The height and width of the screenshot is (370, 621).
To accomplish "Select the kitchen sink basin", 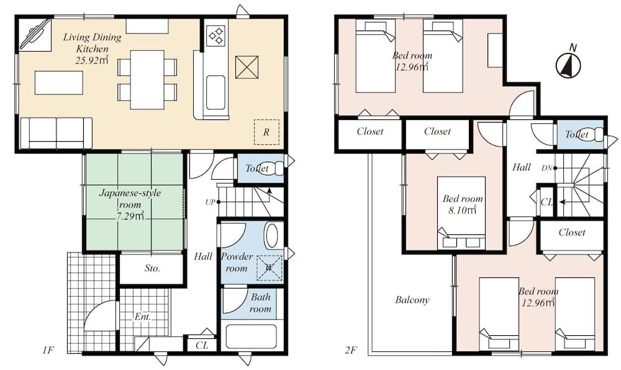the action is tap(216, 93).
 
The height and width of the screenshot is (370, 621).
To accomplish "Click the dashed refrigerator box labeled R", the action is tap(266, 132).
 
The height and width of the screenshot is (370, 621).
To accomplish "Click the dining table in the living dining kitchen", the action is tap(147, 80).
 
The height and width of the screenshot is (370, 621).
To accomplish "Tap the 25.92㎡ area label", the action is tap(92, 60).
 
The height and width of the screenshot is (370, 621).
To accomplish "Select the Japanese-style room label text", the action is tap(130, 199).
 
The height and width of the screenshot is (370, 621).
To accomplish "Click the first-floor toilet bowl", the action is tap(276, 168).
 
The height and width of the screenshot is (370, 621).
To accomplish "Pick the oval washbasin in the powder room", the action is tap(272, 236).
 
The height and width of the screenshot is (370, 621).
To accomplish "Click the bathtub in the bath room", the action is tap(251, 338).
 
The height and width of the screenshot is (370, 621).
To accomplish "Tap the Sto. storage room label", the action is tap(153, 269).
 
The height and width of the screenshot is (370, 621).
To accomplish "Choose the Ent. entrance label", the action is tap(143, 317).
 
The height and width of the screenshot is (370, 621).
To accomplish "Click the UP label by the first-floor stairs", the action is tap(210, 202).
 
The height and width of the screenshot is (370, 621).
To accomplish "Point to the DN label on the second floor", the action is tap(546, 168).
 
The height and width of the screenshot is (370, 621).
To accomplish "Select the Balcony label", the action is tap(412, 300).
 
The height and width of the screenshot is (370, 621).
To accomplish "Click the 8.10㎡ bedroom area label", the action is tap(463, 210).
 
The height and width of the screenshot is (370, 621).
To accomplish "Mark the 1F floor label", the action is tap(48, 349).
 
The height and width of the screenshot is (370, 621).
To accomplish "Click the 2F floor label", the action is tap(350, 349).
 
